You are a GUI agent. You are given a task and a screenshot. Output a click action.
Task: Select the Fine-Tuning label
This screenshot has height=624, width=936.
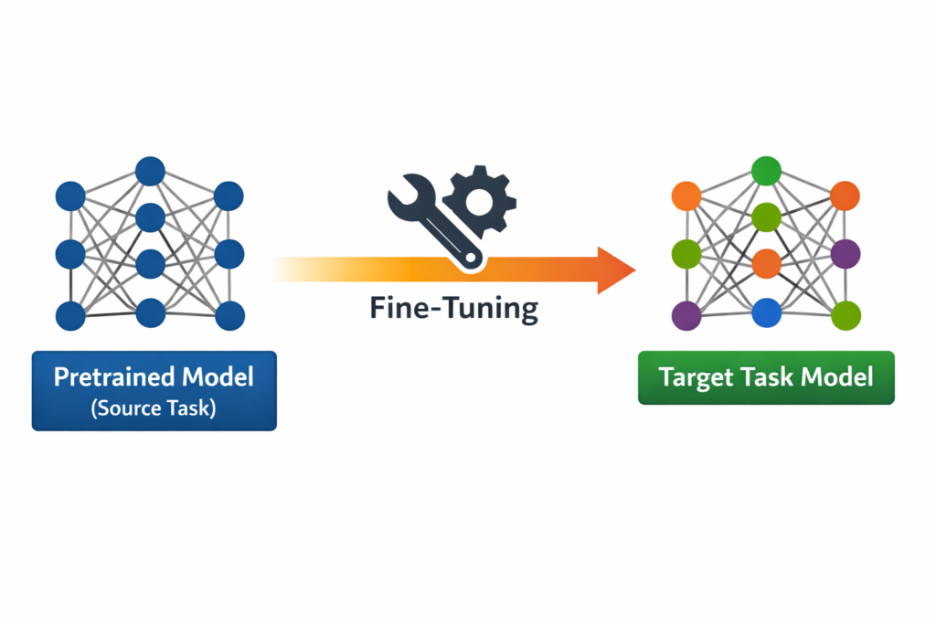click(x=454, y=309)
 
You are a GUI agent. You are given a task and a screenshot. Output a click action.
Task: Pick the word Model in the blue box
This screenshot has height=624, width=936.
click(x=220, y=376)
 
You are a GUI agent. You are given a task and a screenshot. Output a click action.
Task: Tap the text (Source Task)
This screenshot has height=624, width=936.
click(x=154, y=407)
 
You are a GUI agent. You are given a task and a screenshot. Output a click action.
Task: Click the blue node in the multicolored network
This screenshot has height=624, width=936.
click(x=766, y=312)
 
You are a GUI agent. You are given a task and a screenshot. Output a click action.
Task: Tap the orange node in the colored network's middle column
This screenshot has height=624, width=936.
click(x=766, y=264)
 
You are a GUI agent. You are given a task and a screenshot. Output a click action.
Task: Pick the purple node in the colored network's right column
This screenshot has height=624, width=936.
click(x=846, y=253)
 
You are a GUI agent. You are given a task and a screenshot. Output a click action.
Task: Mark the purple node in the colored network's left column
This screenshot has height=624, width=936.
click(x=686, y=315)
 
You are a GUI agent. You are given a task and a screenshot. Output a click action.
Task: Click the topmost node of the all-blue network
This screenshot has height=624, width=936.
click(x=150, y=171)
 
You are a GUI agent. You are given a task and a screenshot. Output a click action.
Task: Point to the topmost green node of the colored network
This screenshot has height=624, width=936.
click(x=766, y=171)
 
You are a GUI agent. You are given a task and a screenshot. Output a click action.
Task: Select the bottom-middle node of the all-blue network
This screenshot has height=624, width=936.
click(x=150, y=312)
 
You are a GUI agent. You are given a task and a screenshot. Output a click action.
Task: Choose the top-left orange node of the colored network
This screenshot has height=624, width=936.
click(x=686, y=196)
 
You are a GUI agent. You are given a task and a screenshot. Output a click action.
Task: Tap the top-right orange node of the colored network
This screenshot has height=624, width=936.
click(x=846, y=196)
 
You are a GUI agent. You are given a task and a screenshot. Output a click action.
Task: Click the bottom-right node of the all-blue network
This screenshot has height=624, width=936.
click(x=229, y=315)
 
